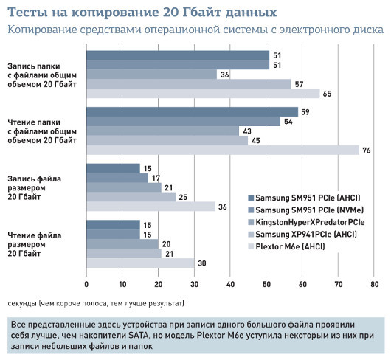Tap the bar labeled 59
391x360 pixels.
(x=192, y=111)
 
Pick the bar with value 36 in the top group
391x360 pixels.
(x=151, y=74)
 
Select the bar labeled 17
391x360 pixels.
(x=117, y=178)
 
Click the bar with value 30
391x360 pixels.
(x=140, y=263)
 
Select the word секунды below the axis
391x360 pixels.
(x=24, y=303)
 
